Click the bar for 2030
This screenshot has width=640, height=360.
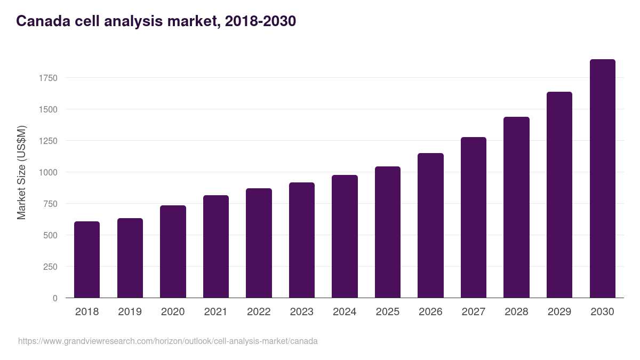tap(602, 179)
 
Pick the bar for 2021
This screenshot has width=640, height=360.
tap(216, 246)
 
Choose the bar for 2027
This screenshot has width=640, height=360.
tap(474, 218)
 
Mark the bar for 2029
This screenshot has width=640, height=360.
tap(559, 195)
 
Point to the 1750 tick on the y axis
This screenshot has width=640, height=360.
tap(48, 78)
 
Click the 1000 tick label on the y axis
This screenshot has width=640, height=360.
tap(48, 172)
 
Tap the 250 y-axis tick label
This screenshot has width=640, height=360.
tap(50, 267)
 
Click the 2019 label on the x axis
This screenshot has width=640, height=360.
tap(130, 312)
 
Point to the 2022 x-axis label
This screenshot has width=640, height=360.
tap(259, 312)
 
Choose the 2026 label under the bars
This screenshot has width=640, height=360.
tap(430, 312)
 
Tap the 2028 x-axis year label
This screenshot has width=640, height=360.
tap(516, 312)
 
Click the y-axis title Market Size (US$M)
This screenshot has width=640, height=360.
tap(21, 172)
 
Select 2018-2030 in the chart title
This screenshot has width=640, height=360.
tap(260, 21)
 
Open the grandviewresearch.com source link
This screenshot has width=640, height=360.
tap(168, 341)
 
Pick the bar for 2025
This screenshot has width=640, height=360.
tap(388, 232)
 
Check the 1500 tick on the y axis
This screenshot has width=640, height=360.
tap(48, 109)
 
